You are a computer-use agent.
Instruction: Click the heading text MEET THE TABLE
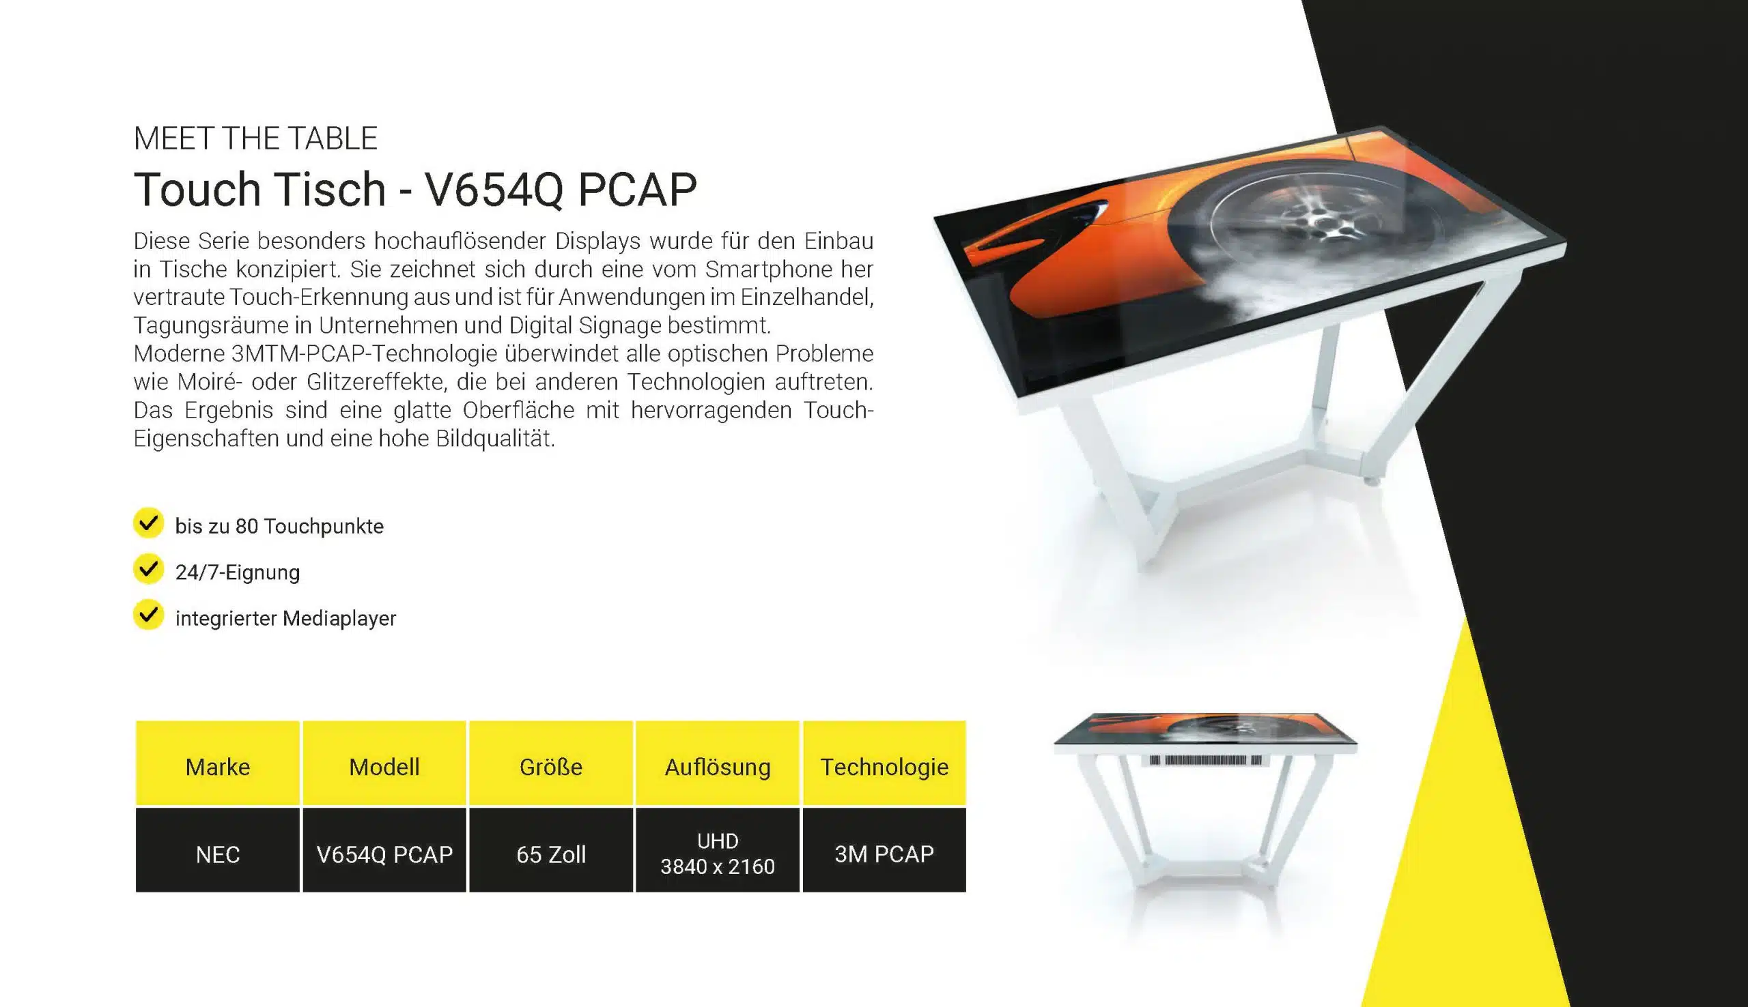(x=255, y=138)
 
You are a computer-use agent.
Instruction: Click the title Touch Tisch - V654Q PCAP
(x=415, y=189)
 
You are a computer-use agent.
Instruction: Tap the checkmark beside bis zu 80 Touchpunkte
(x=148, y=523)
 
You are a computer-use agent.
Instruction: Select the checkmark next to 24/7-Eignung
(x=148, y=568)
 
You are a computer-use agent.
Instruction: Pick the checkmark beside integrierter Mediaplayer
(x=148, y=615)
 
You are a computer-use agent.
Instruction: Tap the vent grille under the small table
(x=1205, y=760)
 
